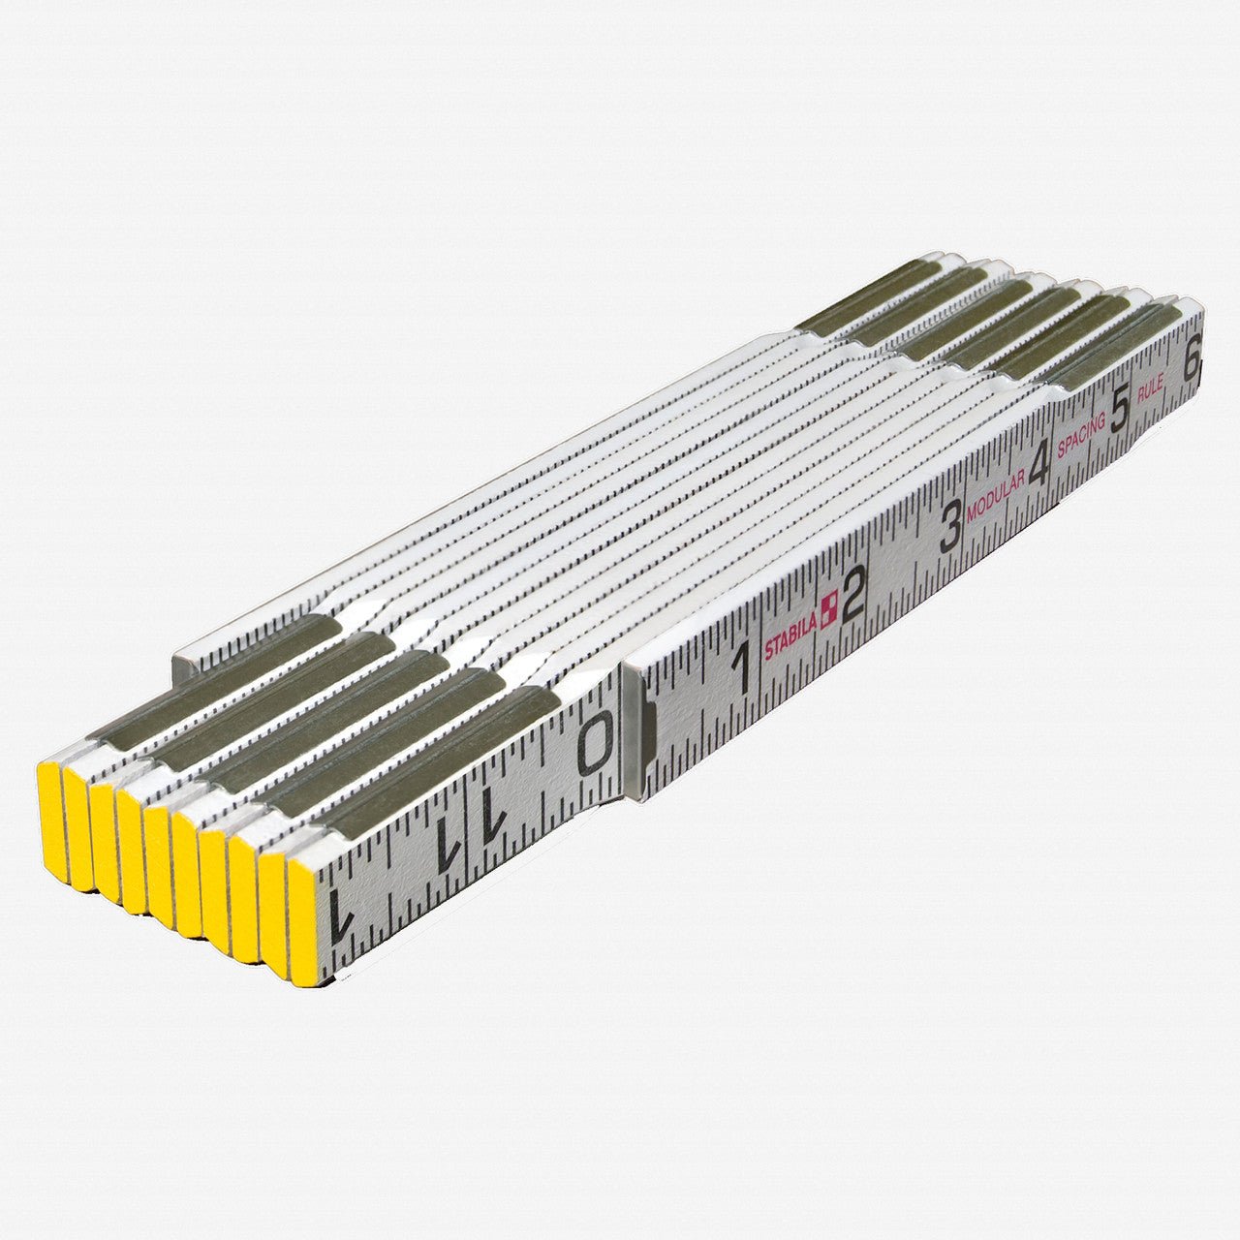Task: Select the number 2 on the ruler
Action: point(852,596)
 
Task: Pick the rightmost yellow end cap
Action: point(301,920)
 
